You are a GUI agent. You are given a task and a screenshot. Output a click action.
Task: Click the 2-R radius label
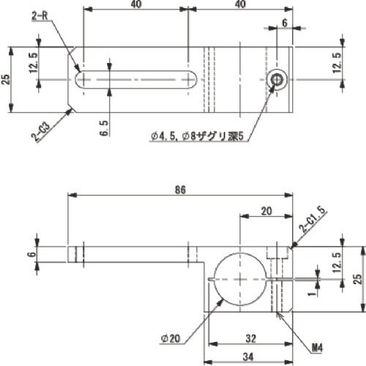(41, 15)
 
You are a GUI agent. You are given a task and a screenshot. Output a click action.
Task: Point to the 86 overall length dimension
(181, 189)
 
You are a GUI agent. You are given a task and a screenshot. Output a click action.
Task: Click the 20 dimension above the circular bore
(265, 210)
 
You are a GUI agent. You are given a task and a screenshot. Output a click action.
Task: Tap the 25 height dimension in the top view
(7, 79)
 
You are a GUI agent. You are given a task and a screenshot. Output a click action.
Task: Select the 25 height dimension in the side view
(357, 279)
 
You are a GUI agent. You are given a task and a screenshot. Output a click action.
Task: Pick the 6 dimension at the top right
(284, 23)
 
